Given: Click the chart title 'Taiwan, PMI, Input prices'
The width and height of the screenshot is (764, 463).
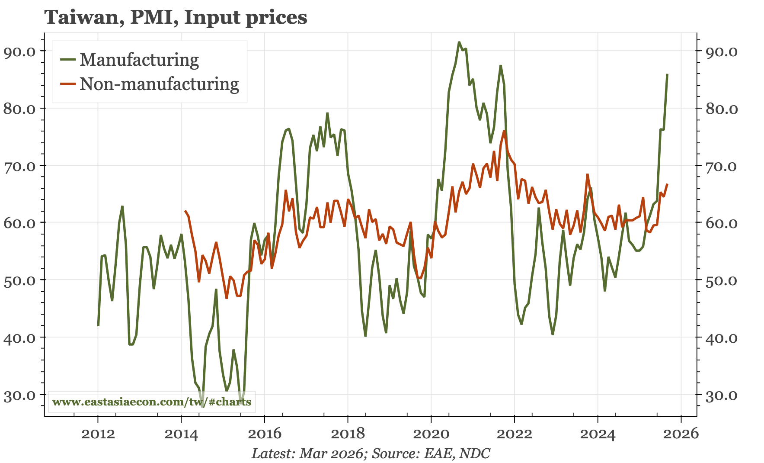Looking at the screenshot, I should coord(176,18).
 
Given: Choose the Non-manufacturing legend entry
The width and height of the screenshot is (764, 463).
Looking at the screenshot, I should coord(159,84).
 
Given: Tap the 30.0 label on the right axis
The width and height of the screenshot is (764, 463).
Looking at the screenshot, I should coord(722,395).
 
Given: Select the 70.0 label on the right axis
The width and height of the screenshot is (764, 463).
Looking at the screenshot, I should coord(722,166).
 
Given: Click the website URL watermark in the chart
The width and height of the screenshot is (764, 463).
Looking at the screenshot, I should coord(152,402).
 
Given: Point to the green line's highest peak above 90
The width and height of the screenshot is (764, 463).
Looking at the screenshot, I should coord(459,42).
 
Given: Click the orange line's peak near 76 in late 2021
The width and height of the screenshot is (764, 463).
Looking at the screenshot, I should coord(504,131).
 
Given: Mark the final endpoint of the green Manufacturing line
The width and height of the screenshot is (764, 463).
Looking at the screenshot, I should coord(667,74).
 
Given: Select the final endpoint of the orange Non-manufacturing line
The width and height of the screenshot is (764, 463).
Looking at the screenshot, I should coord(667,184).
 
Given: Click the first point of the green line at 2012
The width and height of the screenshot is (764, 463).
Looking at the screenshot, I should coord(98,325).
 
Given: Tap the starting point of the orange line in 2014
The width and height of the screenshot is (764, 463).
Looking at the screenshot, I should coord(185,211).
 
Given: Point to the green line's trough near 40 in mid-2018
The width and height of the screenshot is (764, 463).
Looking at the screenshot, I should coord(365,336).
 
